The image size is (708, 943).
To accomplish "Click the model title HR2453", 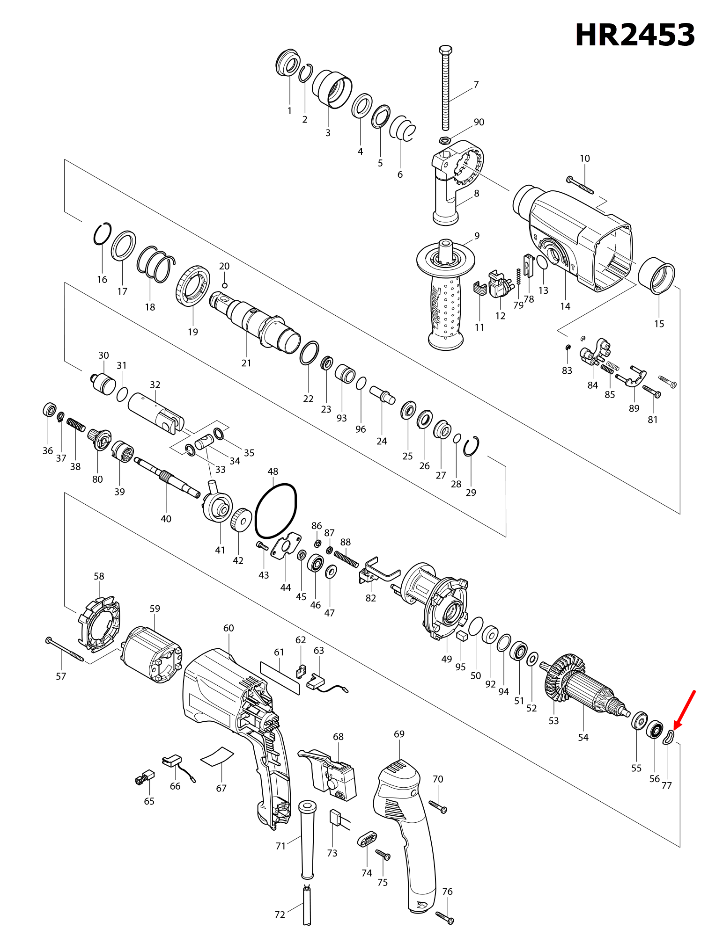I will (634, 35).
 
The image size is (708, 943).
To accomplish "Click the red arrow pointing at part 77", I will (685, 710).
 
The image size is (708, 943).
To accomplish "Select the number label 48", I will (273, 471).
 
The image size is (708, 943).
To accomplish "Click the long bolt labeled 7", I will (445, 89).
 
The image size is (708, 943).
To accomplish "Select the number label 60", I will (229, 628).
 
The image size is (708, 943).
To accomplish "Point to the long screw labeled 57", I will (66, 649).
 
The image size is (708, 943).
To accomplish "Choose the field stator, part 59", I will (151, 655).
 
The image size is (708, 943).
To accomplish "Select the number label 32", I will (155, 385).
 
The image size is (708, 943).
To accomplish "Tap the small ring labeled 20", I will (225, 285).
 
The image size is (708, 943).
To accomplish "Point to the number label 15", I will (659, 324).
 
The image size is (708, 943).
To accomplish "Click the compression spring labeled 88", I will (347, 559).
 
